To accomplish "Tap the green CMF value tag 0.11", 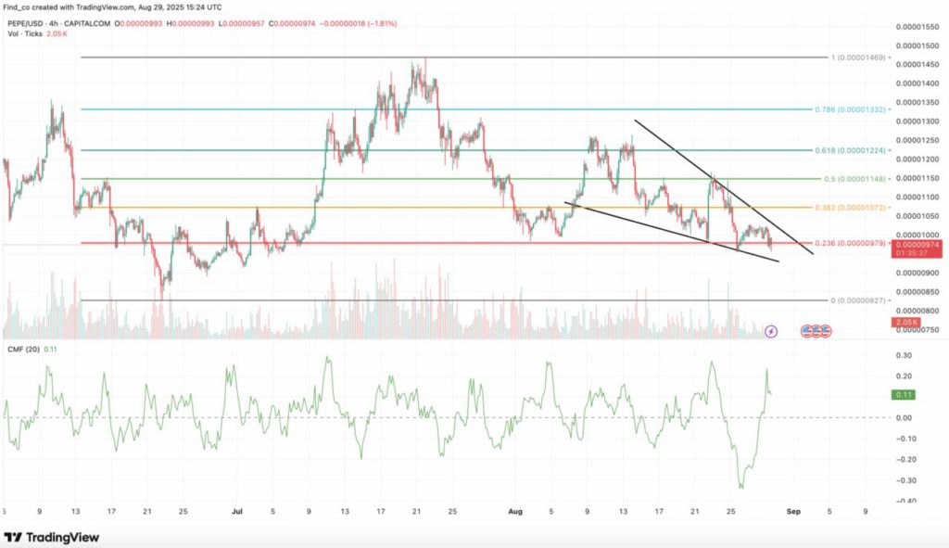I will tap(904, 395).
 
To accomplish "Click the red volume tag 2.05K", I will tap(905, 322).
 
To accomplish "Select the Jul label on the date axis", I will tap(237, 510).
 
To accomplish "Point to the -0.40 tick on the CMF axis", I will tap(905, 501).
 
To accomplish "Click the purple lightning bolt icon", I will tap(772, 330).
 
